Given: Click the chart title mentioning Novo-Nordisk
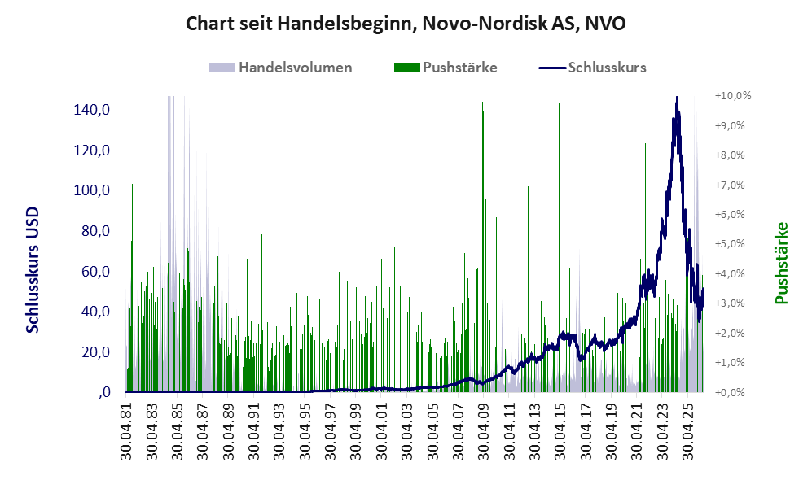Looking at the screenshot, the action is tap(406, 24).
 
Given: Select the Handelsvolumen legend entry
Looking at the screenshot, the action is tap(281, 68).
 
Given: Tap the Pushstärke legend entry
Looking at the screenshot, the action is tap(446, 68).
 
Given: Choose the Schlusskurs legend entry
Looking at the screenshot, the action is tap(592, 68).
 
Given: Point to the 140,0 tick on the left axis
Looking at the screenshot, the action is tap(92, 110).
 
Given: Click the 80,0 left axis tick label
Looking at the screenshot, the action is tap(96, 231).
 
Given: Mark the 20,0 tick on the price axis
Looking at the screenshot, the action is tap(96, 351).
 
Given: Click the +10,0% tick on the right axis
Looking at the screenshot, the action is tap(733, 96).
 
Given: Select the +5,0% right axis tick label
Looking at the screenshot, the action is tap(730, 243).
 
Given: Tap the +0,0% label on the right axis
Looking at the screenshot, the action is tap(730, 392).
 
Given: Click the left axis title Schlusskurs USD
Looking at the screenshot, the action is tap(32, 270).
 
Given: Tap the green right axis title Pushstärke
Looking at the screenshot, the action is tap(781, 263).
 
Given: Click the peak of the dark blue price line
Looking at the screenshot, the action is tap(676, 98).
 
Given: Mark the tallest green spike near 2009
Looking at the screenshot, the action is tap(483, 247).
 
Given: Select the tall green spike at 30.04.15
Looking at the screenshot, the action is tap(560, 248).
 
